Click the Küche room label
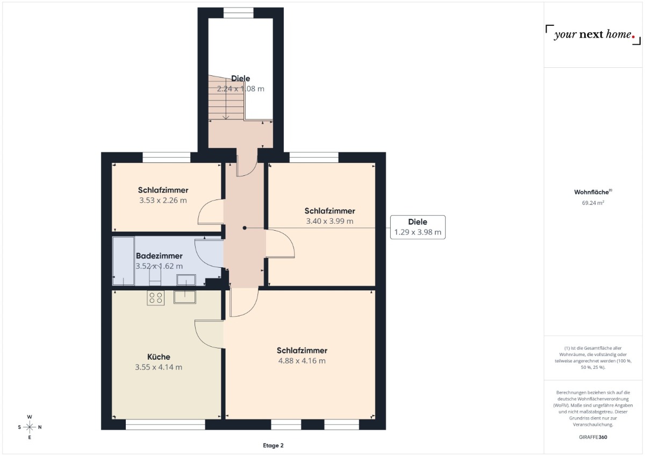pyautogui.click(x=159, y=357)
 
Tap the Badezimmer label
pyautogui.click(x=159, y=256)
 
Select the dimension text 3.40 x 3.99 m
pyautogui.click(x=329, y=221)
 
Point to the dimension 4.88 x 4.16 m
pyautogui.click(x=302, y=361)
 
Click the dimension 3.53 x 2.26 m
pyautogui.click(x=163, y=201)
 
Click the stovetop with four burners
pyautogui.click(x=156, y=297)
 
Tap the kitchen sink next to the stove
pyautogui.click(x=185, y=297)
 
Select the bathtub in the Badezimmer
pyautogui.click(x=124, y=261)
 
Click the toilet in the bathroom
pyautogui.click(x=155, y=276)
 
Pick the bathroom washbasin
pyautogui.click(x=187, y=280)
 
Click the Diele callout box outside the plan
pyautogui.click(x=418, y=227)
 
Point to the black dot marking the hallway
pyautogui.click(x=245, y=228)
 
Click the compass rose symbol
pyautogui.click(x=30, y=427)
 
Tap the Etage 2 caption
pyautogui.click(x=273, y=445)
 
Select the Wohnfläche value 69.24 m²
pyautogui.click(x=593, y=203)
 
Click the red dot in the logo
pyautogui.click(x=633, y=37)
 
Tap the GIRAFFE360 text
pyautogui.click(x=593, y=437)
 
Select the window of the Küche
pyautogui.click(x=166, y=425)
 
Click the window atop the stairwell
pyautogui.click(x=239, y=13)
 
